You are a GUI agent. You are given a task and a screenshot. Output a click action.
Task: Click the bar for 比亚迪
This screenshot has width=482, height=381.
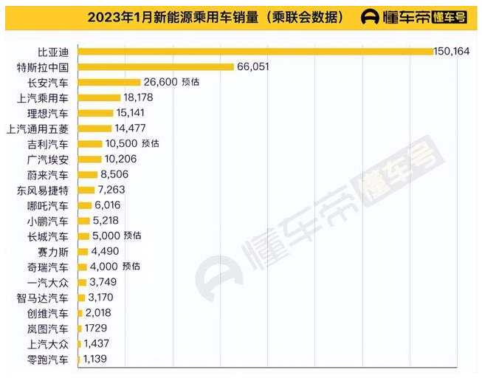(255, 51)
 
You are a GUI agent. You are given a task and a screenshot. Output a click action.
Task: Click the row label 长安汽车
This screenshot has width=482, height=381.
(48, 82)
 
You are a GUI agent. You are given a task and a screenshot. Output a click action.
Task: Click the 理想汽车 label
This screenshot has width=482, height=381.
(48, 113)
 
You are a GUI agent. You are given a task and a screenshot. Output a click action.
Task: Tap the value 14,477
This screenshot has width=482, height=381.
(135, 128)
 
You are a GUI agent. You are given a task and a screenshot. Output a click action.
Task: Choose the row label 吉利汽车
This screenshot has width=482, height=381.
(48, 143)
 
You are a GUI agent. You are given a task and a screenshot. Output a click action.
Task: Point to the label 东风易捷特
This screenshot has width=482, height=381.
(44, 190)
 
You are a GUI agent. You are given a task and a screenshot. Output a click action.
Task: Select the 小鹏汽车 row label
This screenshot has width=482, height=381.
(48, 220)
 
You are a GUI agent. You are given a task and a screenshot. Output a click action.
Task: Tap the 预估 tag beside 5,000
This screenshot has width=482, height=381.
(133, 236)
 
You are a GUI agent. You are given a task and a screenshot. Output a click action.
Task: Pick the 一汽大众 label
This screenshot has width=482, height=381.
(48, 282)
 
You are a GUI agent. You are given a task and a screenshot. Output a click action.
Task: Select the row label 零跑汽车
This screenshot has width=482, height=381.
(48, 360)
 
